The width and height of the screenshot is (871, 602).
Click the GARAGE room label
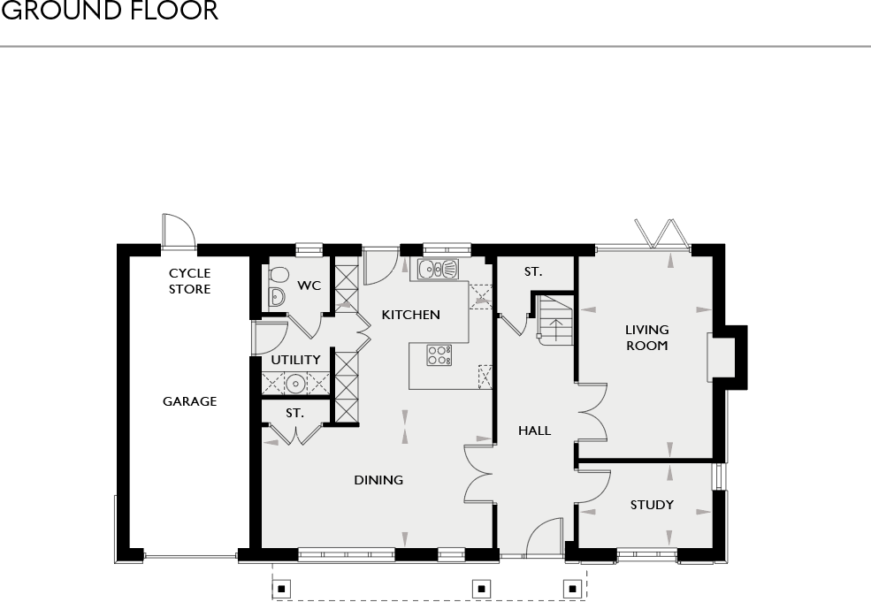[x=189, y=401]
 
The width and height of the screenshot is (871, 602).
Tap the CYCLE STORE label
[x=189, y=281]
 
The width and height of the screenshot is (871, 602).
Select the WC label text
[x=309, y=286]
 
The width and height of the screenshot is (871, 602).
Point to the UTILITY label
[x=295, y=360]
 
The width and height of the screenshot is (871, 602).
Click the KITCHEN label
[x=410, y=315]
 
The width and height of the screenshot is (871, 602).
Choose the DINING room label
[x=378, y=480]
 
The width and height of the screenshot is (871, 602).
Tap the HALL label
[x=534, y=431]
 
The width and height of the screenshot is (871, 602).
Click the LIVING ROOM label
[x=646, y=338]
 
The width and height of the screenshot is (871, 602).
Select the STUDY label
[x=652, y=505]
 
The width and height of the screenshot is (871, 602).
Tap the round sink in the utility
[x=295, y=383]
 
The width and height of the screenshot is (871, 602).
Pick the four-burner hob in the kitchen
[x=439, y=354]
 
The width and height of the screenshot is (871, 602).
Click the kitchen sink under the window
[x=438, y=268]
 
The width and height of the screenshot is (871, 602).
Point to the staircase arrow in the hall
[x=554, y=329]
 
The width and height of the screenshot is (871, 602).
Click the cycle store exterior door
[x=178, y=232]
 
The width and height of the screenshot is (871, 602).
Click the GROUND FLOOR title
[x=108, y=11]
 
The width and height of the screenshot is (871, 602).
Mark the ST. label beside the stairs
[x=532, y=272]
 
